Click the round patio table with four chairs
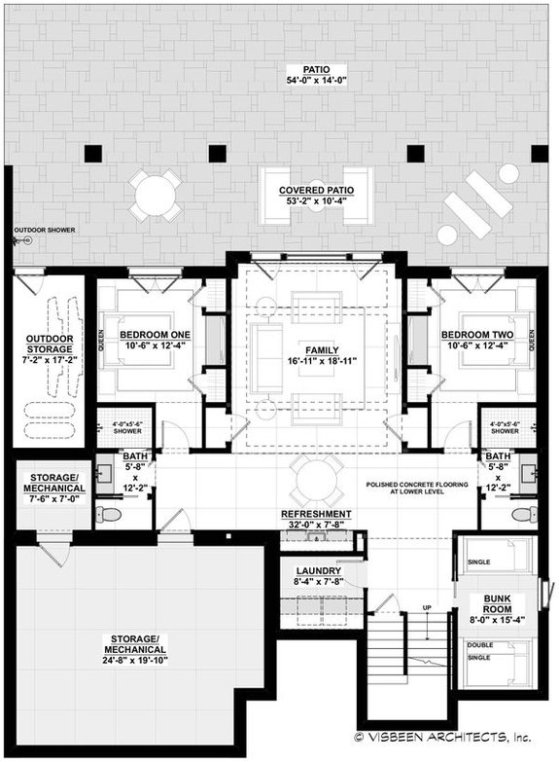(156, 196)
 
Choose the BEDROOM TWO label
(475, 341)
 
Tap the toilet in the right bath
(524, 514)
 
